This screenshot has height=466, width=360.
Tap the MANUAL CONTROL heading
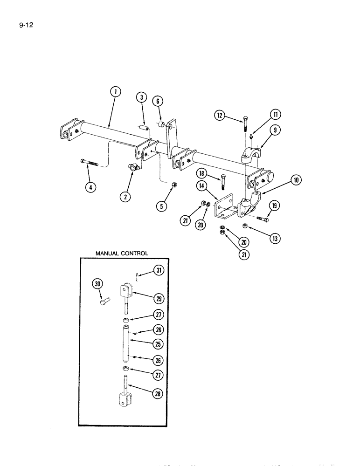point(122,254)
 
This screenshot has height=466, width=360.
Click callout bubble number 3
point(141,97)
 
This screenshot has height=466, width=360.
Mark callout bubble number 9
point(277,131)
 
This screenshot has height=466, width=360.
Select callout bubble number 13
point(277,239)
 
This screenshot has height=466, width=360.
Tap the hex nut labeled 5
point(173,185)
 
